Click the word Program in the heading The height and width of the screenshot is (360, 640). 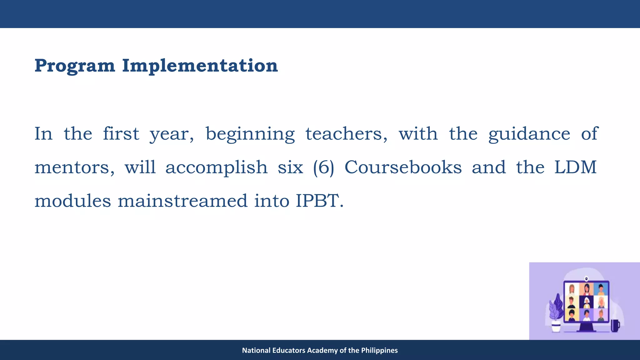pyautogui.click(x=75, y=66)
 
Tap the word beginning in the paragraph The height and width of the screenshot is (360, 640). pyautogui.click(x=250, y=134)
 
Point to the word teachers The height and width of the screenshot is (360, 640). pyautogui.click(x=346, y=134)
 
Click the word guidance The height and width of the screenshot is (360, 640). pyautogui.click(x=529, y=134)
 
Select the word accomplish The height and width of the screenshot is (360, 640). pyautogui.click(x=216, y=167)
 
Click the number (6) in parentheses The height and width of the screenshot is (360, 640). pyautogui.click(x=324, y=167)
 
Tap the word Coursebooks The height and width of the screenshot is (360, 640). pyautogui.click(x=403, y=167)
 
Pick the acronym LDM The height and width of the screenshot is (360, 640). pyautogui.click(x=575, y=167)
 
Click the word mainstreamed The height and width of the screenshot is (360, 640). pyautogui.click(x=182, y=201)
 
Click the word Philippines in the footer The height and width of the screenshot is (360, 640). pyautogui.click(x=379, y=350)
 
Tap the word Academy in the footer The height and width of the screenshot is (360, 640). pyautogui.click(x=322, y=350)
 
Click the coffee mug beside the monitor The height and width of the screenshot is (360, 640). pyautogui.click(x=615, y=326)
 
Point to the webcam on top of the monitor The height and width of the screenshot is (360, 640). pyautogui.click(x=587, y=278)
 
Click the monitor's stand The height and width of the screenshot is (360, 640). pyautogui.click(x=586, y=327)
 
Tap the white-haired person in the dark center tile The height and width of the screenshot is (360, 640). pyautogui.click(x=587, y=302)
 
